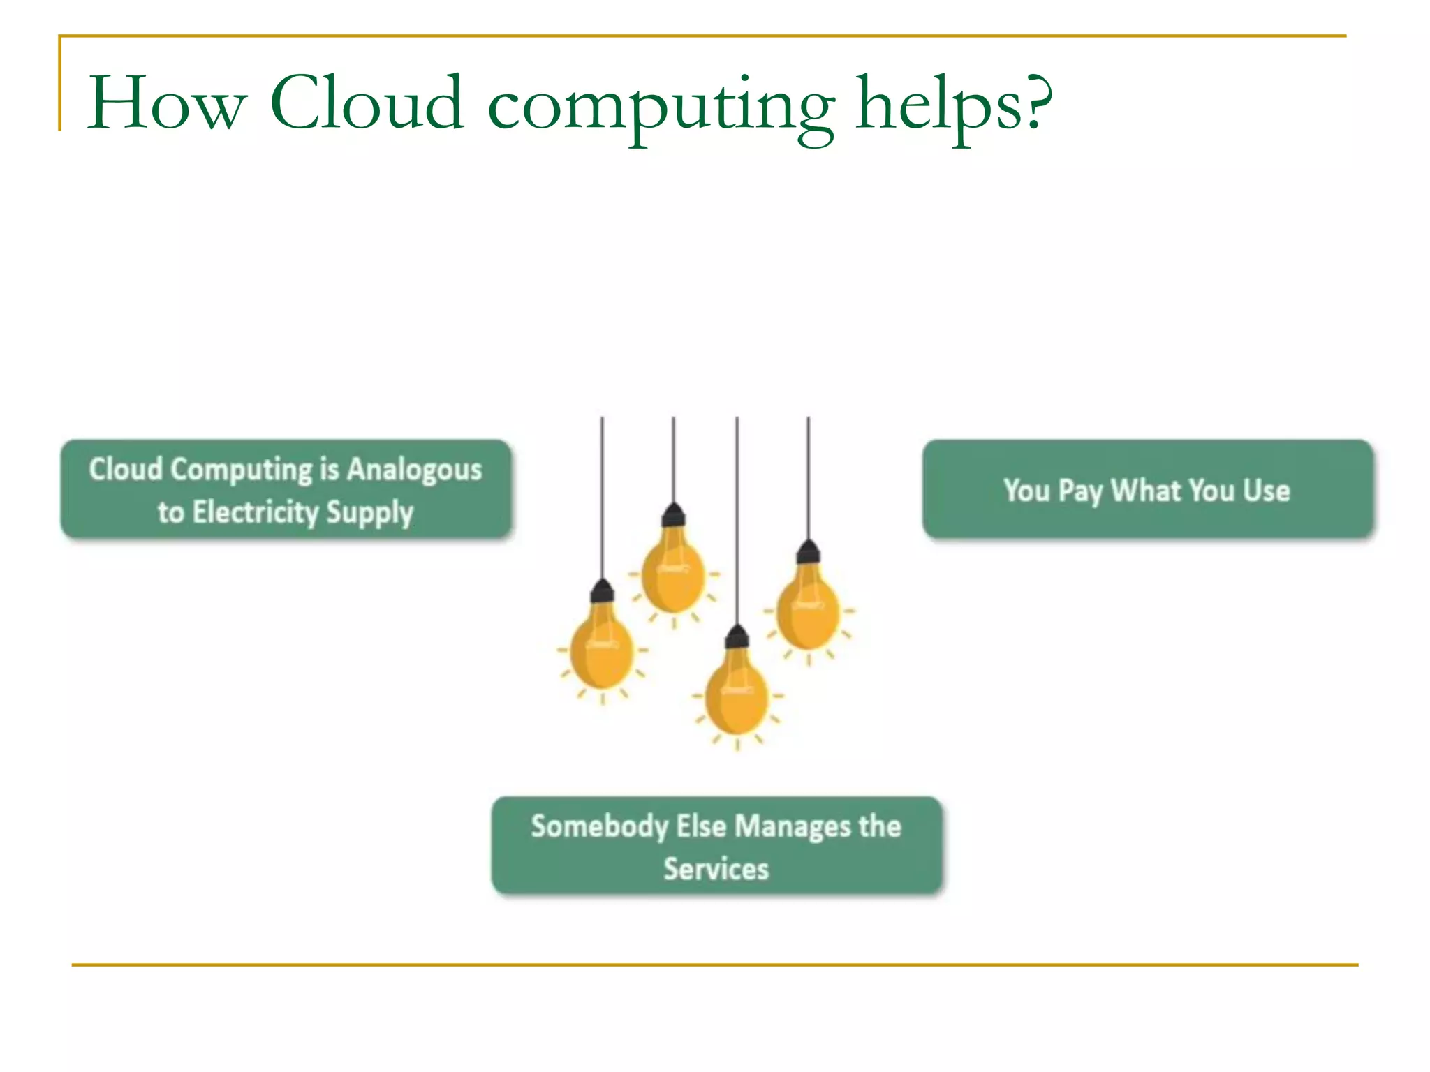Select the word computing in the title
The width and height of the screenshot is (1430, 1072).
coord(661,108)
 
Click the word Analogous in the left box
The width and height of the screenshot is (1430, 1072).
coord(415,470)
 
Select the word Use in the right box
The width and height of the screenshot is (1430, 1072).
coord(1267,490)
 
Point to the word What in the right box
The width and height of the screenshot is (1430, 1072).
coord(1149,490)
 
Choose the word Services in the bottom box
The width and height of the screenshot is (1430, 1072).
coord(716,869)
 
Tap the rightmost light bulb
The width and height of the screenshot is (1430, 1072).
coord(808,611)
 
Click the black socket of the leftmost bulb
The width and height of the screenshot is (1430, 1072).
coord(602,592)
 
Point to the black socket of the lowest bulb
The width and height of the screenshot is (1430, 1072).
coord(737,636)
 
